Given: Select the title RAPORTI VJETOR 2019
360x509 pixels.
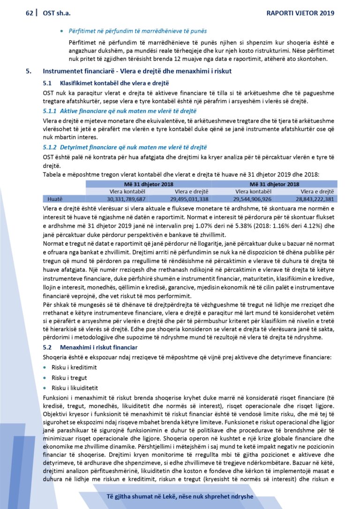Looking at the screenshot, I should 300,13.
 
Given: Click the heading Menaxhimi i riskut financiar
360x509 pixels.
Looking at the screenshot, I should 98,347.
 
